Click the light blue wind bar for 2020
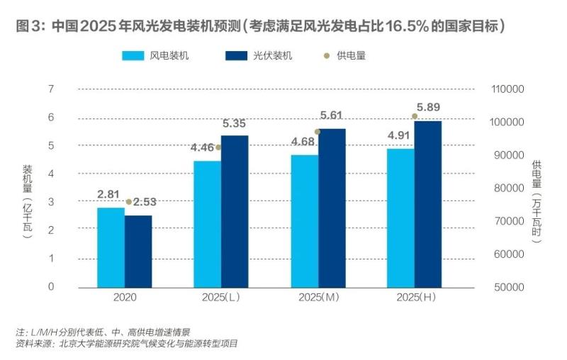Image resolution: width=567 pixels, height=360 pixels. coord(111,247)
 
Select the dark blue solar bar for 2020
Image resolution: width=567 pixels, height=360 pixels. coord(138,252)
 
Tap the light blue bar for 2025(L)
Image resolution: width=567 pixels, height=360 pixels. coord(207,224)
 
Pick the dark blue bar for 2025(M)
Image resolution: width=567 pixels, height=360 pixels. coord(332,208)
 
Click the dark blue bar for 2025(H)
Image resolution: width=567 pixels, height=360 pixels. coord(427,204)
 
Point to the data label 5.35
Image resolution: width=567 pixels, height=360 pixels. coord(235,123)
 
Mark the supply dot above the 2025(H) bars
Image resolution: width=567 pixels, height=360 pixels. coord(415,116)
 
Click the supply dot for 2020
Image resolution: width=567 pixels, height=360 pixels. coord(128,202)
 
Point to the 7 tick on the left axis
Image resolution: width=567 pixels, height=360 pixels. coord(51,89)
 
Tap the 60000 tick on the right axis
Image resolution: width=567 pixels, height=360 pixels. coord(508,254)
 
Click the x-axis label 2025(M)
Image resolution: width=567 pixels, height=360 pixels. coord(318,298)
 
